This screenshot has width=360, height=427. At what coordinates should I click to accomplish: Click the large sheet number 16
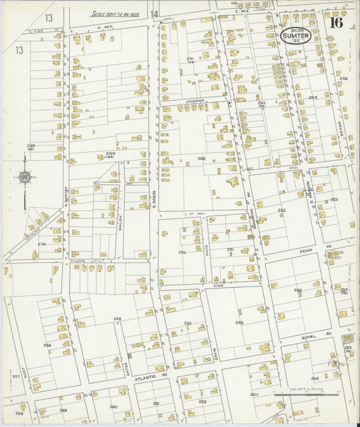point(336,23)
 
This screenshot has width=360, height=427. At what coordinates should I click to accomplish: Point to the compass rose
point(25,178)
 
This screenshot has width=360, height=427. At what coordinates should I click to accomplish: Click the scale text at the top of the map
point(115,13)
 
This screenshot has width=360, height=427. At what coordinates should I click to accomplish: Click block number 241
point(190,59)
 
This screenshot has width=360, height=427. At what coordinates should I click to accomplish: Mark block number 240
point(110,154)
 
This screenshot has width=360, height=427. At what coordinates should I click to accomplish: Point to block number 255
point(239,322)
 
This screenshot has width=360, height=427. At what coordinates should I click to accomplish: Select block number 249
point(117,318)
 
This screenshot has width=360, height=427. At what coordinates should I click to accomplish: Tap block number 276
point(41,244)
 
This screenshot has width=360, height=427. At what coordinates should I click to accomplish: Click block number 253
point(334,200)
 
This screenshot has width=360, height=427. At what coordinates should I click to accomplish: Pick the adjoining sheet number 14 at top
point(155,14)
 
